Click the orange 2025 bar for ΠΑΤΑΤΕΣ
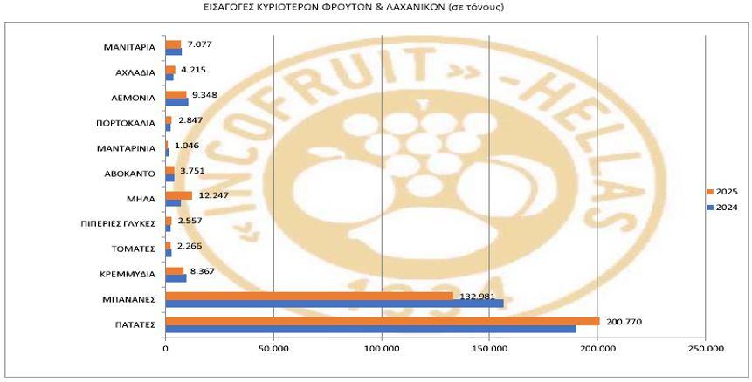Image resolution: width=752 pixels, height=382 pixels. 382,321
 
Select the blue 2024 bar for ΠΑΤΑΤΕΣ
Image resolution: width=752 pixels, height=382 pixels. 370,329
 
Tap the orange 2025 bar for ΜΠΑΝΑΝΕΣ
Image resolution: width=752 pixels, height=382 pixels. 309,295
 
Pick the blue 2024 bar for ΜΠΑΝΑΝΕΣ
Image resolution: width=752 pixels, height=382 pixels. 335,304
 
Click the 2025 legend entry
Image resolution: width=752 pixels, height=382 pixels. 721,191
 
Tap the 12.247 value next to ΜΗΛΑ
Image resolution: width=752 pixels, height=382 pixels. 215,194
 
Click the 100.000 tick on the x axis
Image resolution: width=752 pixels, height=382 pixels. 382,349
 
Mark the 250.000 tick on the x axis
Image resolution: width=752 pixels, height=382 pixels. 705,349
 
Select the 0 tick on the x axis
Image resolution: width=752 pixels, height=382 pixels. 165,349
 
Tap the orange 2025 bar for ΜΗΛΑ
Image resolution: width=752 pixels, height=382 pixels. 178,195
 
